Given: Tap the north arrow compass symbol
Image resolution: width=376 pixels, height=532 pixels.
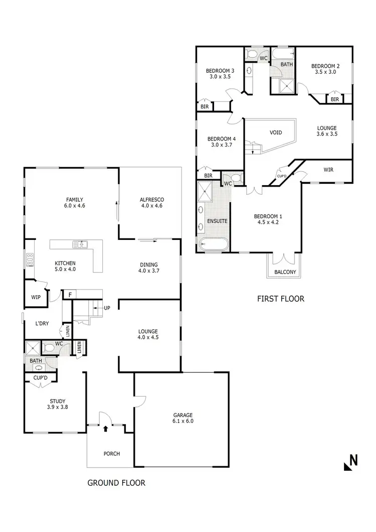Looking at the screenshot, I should coord(350,462).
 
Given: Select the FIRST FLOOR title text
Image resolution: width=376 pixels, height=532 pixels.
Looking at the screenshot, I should coord(280,299).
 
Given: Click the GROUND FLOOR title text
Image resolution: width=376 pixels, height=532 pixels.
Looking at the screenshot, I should coord(116,483).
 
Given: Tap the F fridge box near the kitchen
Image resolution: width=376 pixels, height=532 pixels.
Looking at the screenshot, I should coord(70,295).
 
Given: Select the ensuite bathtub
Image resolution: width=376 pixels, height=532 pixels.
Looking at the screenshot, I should coord(214,245).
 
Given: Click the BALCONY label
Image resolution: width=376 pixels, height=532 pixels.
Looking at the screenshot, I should coord(285,272).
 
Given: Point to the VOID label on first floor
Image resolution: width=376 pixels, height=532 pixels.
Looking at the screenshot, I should coord(276,132).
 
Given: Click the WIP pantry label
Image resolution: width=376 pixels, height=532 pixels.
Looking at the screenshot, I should coord(36,297).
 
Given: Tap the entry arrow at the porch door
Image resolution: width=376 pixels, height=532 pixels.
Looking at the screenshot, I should coord(106,428).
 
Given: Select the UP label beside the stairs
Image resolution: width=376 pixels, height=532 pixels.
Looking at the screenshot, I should coord(107,308).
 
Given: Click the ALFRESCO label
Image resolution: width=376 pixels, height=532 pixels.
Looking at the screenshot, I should coord(152,199).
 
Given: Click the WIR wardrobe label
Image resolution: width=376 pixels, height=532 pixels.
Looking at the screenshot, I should coord(328,170).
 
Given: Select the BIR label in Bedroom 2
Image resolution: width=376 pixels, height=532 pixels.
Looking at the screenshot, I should coord(334,100).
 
